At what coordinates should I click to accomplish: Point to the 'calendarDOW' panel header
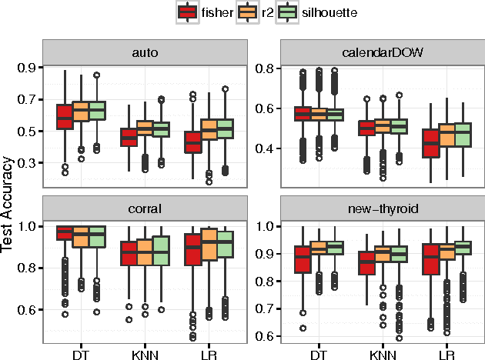pyautogui.click(x=374, y=52)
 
